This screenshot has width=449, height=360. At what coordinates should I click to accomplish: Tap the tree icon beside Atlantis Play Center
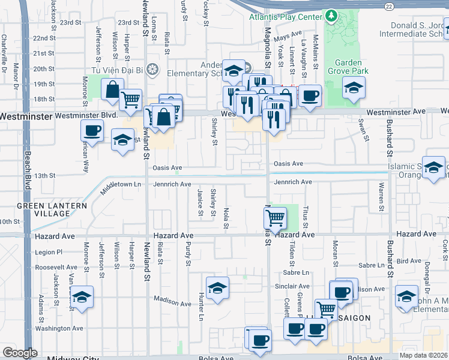[x=330, y=14]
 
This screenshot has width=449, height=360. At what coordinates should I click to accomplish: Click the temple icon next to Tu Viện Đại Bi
[x=152, y=70]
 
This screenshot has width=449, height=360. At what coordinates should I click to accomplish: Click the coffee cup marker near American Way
[x=92, y=130]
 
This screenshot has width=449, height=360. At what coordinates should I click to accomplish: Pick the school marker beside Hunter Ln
[x=217, y=288]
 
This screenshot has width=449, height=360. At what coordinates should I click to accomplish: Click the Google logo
[x=19, y=353]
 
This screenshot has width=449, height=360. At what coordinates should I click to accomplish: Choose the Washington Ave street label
[x=59, y=328]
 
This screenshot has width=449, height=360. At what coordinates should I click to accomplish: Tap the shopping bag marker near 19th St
[x=112, y=90]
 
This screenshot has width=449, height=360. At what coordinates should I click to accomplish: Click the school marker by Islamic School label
[x=433, y=167]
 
